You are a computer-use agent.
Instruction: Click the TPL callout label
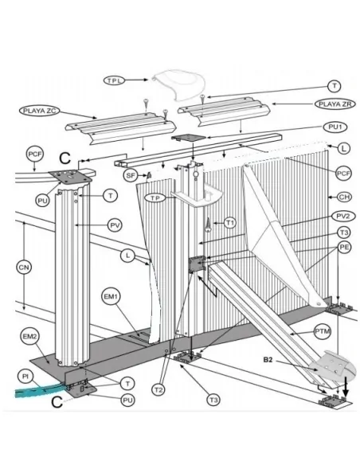tap(114, 80)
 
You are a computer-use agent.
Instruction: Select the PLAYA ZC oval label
tap(40, 111)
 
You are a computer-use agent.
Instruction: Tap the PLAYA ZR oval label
tap(335, 104)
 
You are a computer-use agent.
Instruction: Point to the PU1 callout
tap(335, 127)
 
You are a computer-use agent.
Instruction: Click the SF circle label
tap(131, 175)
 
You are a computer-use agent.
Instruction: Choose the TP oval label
tap(155, 197)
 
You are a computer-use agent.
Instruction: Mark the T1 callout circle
tap(230, 223)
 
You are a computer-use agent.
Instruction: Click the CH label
tap(344, 197)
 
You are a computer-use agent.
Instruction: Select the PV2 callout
tap(343, 217)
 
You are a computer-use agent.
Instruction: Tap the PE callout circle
tap(344, 247)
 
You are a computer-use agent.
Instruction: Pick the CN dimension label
tap(24, 268)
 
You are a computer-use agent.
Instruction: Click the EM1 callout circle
tap(111, 296)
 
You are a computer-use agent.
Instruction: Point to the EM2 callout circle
tap(29, 337)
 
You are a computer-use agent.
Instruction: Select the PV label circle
tap(115, 225)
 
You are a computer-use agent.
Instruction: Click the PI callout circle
tap(25, 377)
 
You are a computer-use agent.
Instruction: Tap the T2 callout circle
tap(158, 389)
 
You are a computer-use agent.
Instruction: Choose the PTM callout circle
tap(323, 331)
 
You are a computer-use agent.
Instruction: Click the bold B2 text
tap(268, 360)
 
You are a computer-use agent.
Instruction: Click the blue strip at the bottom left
tap(41, 390)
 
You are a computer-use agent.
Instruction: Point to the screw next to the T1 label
tap(209, 225)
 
